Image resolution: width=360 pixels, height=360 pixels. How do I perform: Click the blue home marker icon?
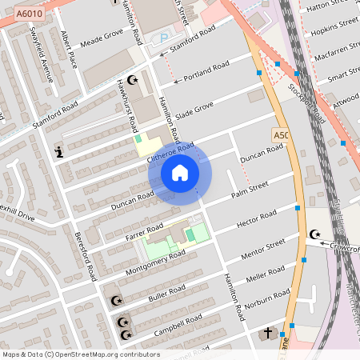tap(180, 173)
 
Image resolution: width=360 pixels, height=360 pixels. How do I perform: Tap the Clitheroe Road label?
tap(170, 152)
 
